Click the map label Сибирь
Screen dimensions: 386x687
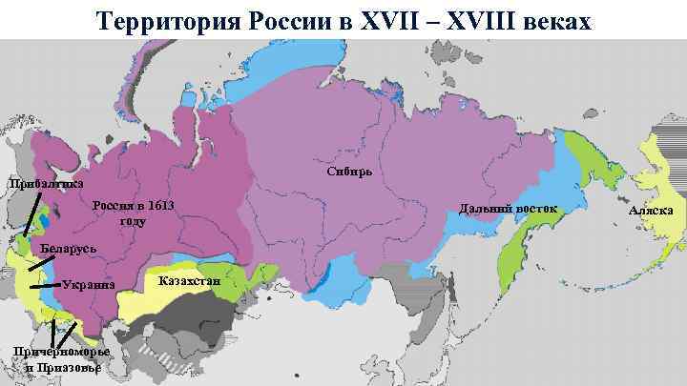(355, 173)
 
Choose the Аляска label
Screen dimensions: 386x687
(652, 210)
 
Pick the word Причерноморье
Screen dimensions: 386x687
(61, 353)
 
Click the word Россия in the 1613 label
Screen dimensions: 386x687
(112, 207)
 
